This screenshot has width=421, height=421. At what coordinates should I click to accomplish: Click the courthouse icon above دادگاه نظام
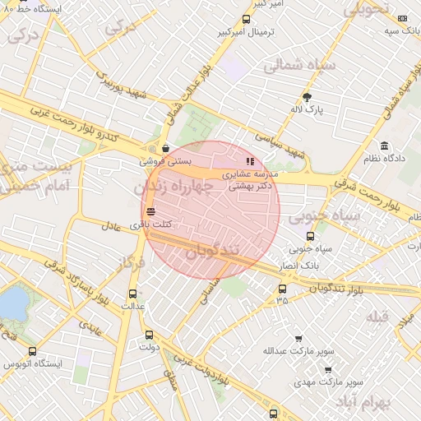pos(385,145)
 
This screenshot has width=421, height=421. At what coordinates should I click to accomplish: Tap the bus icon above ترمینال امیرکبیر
pos(246,20)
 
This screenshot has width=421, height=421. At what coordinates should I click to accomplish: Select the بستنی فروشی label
pos(170,162)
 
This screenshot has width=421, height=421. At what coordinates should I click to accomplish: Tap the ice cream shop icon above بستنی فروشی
pos(166,149)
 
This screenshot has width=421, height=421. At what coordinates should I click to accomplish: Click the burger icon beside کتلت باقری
pos(149,211)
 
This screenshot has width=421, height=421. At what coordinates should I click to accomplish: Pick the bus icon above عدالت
pos(133,294)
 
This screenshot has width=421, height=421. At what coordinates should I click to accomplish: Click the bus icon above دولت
pos(149,335)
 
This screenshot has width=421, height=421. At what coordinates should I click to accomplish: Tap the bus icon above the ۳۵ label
pos(283,289)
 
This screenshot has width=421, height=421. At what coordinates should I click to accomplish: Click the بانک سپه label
pos(403,30)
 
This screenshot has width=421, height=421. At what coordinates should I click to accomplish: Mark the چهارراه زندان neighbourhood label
pos(173,188)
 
